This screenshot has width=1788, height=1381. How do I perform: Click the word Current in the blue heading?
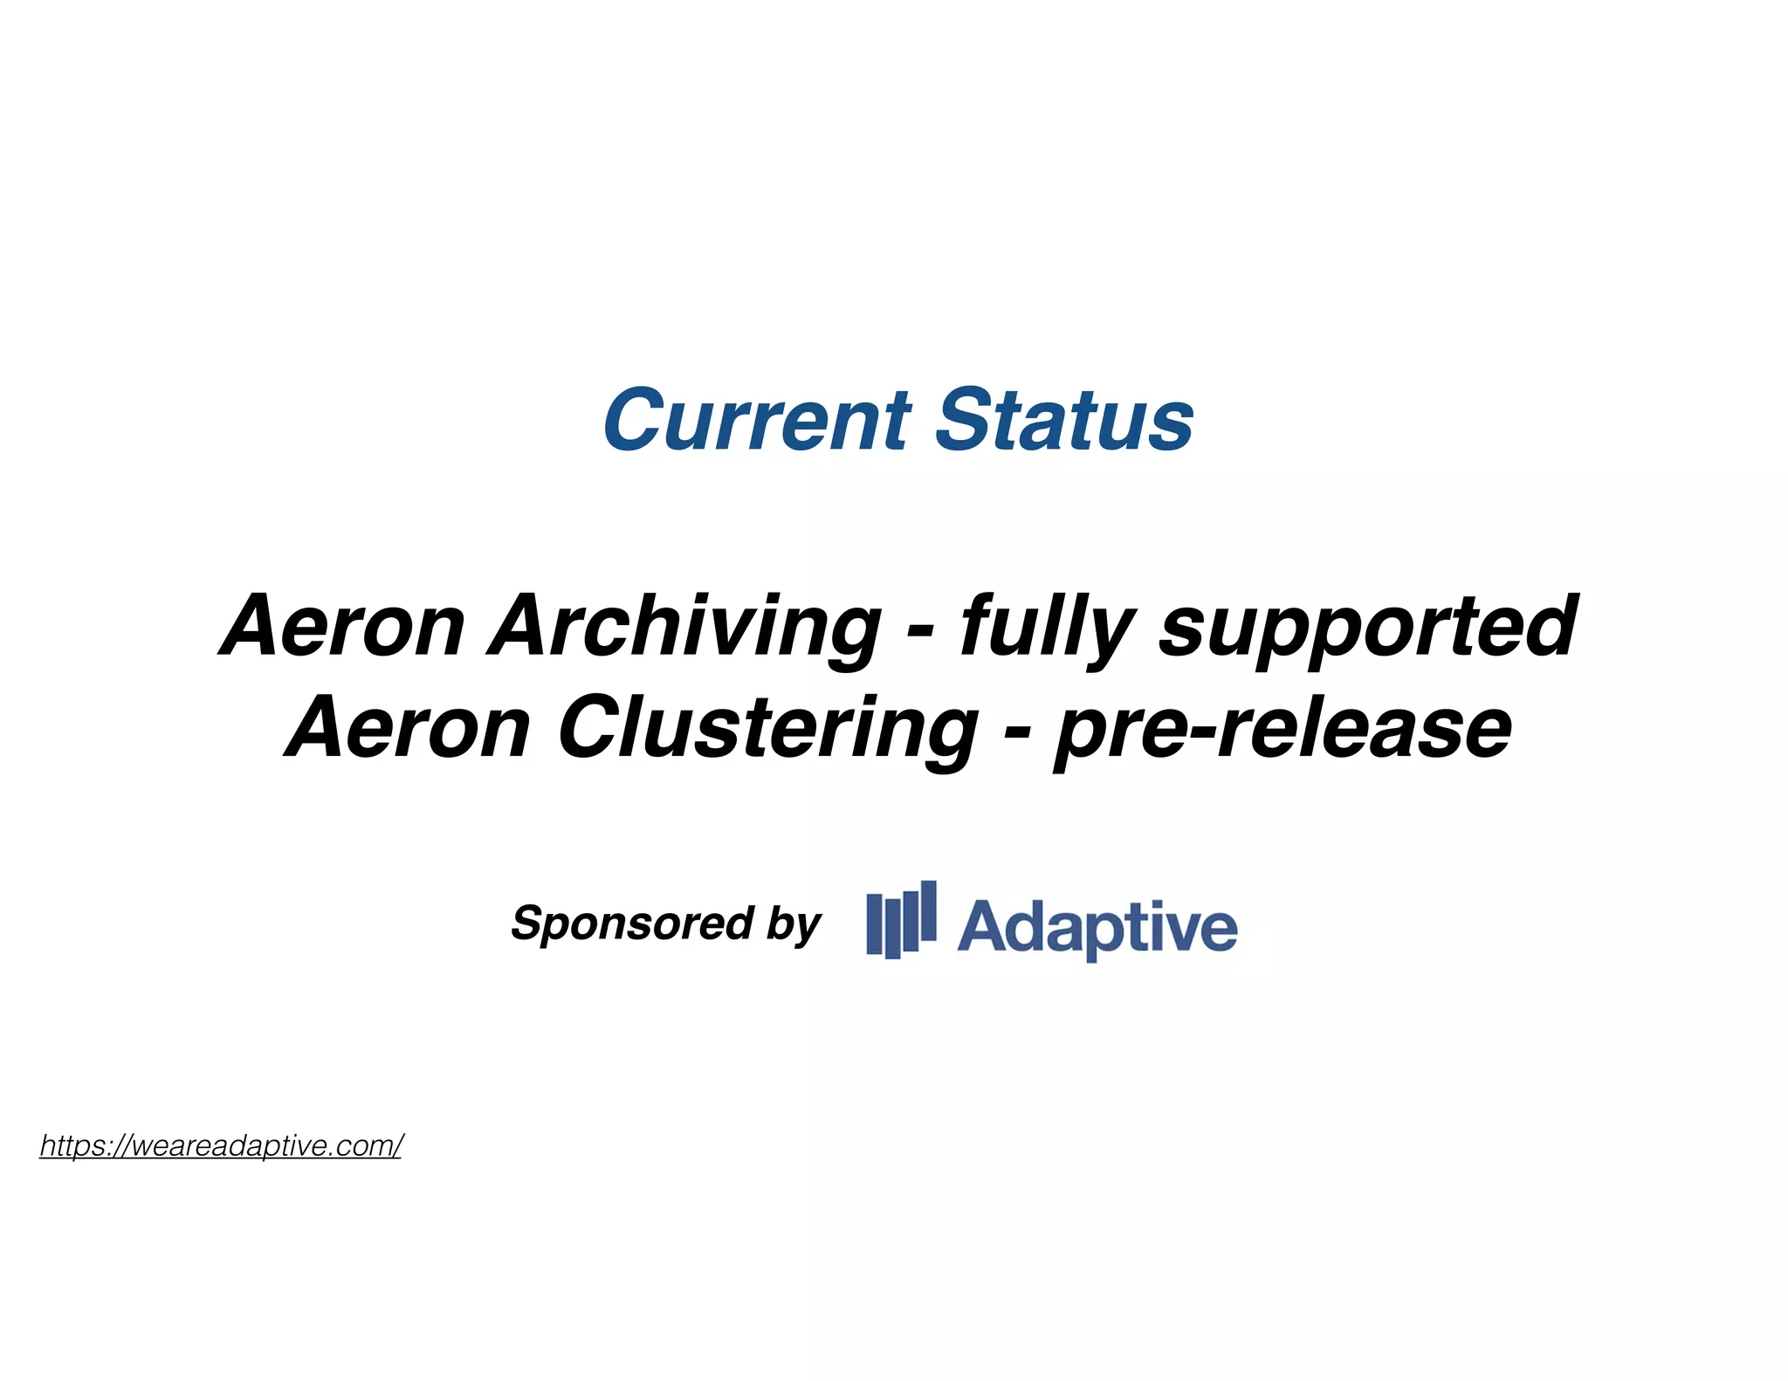point(756,421)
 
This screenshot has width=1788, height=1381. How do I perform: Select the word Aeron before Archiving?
point(342,626)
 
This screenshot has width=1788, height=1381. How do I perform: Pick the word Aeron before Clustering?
point(408,728)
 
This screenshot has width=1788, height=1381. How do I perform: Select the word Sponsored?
point(632,923)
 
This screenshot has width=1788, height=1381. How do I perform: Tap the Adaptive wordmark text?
point(1097,927)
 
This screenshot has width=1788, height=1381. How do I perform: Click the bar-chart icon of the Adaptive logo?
point(901,920)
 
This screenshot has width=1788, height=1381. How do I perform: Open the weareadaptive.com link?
point(221,1145)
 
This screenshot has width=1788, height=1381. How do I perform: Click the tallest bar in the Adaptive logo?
point(928,911)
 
